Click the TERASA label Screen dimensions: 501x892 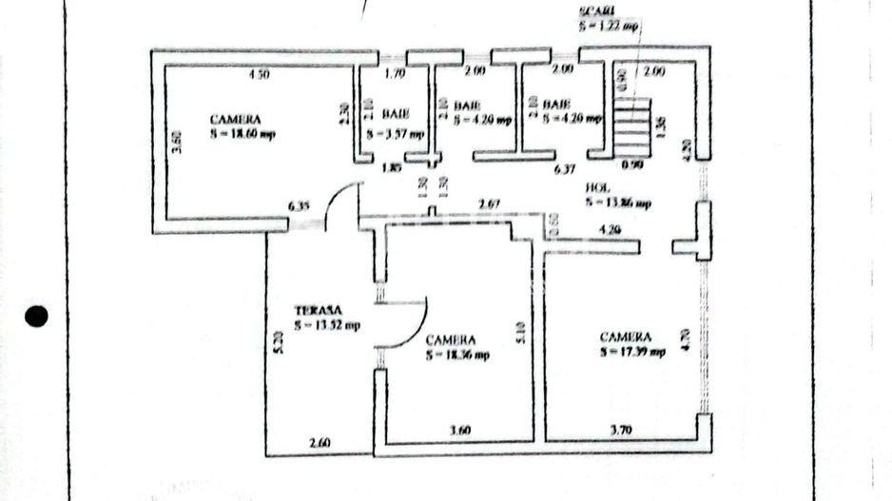pyautogui.click(x=317, y=310)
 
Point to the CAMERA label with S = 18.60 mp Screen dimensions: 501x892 pyautogui.click(x=235, y=120)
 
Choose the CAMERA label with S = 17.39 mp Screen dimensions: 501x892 pyautogui.click(x=625, y=337)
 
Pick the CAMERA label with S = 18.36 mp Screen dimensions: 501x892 pyautogui.click(x=451, y=339)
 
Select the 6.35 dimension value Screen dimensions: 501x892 pyautogui.click(x=301, y=204)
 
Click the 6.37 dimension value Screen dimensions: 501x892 pyautogui.click(x=565, y=170)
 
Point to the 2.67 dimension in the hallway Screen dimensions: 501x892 pyautogui.click(x=490, y=203)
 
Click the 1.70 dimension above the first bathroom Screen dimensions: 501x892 pyautogui.click(x=395, y=72)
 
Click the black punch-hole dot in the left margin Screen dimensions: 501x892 pyautogui.click(x=36, y=318)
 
